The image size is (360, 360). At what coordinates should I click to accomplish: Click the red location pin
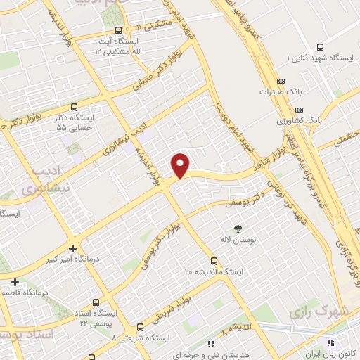coord(181,165)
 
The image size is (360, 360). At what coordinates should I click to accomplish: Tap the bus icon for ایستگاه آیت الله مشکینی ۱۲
coord(118,31)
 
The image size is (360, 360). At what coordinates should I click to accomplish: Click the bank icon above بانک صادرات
coord(281,82)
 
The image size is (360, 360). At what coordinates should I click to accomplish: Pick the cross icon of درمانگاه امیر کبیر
coord(73,247)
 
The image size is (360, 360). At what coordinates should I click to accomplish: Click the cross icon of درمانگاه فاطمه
coord(15,281)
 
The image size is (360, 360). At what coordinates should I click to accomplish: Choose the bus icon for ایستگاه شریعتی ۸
coord(140,327)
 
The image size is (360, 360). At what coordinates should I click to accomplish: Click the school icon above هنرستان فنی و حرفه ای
coord(210,344)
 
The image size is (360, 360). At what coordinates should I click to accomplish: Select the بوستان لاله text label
coord(236,240)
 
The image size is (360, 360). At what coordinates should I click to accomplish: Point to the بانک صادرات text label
coord(275,91)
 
